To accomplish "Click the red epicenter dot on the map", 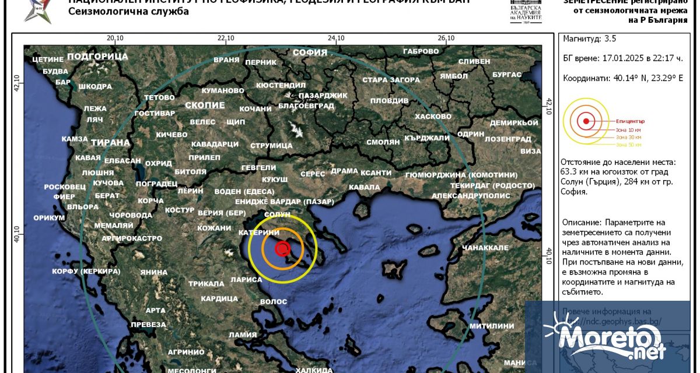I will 282,249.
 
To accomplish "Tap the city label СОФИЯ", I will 310,52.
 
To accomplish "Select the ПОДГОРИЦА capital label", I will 97,57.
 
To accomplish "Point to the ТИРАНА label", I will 110,142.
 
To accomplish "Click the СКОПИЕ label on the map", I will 205,105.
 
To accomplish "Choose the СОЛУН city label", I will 277,215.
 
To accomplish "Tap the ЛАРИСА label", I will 246,280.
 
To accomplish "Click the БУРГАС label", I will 506,75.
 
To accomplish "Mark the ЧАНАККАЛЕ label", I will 485,248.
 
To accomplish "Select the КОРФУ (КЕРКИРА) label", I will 86,272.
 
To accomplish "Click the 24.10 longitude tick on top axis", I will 336,38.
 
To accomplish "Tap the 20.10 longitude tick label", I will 116,38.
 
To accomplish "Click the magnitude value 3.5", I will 610,39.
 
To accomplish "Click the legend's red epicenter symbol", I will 586,122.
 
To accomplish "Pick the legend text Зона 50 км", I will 628,145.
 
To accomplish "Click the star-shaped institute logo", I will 38,11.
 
